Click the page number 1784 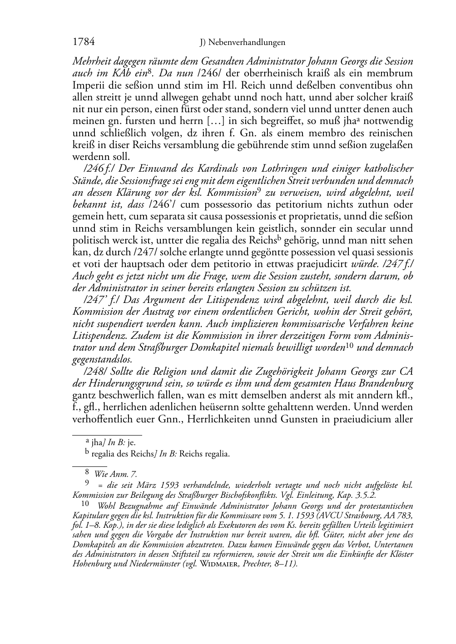84,42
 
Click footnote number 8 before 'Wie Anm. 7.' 88,474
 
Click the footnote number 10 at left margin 85,504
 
